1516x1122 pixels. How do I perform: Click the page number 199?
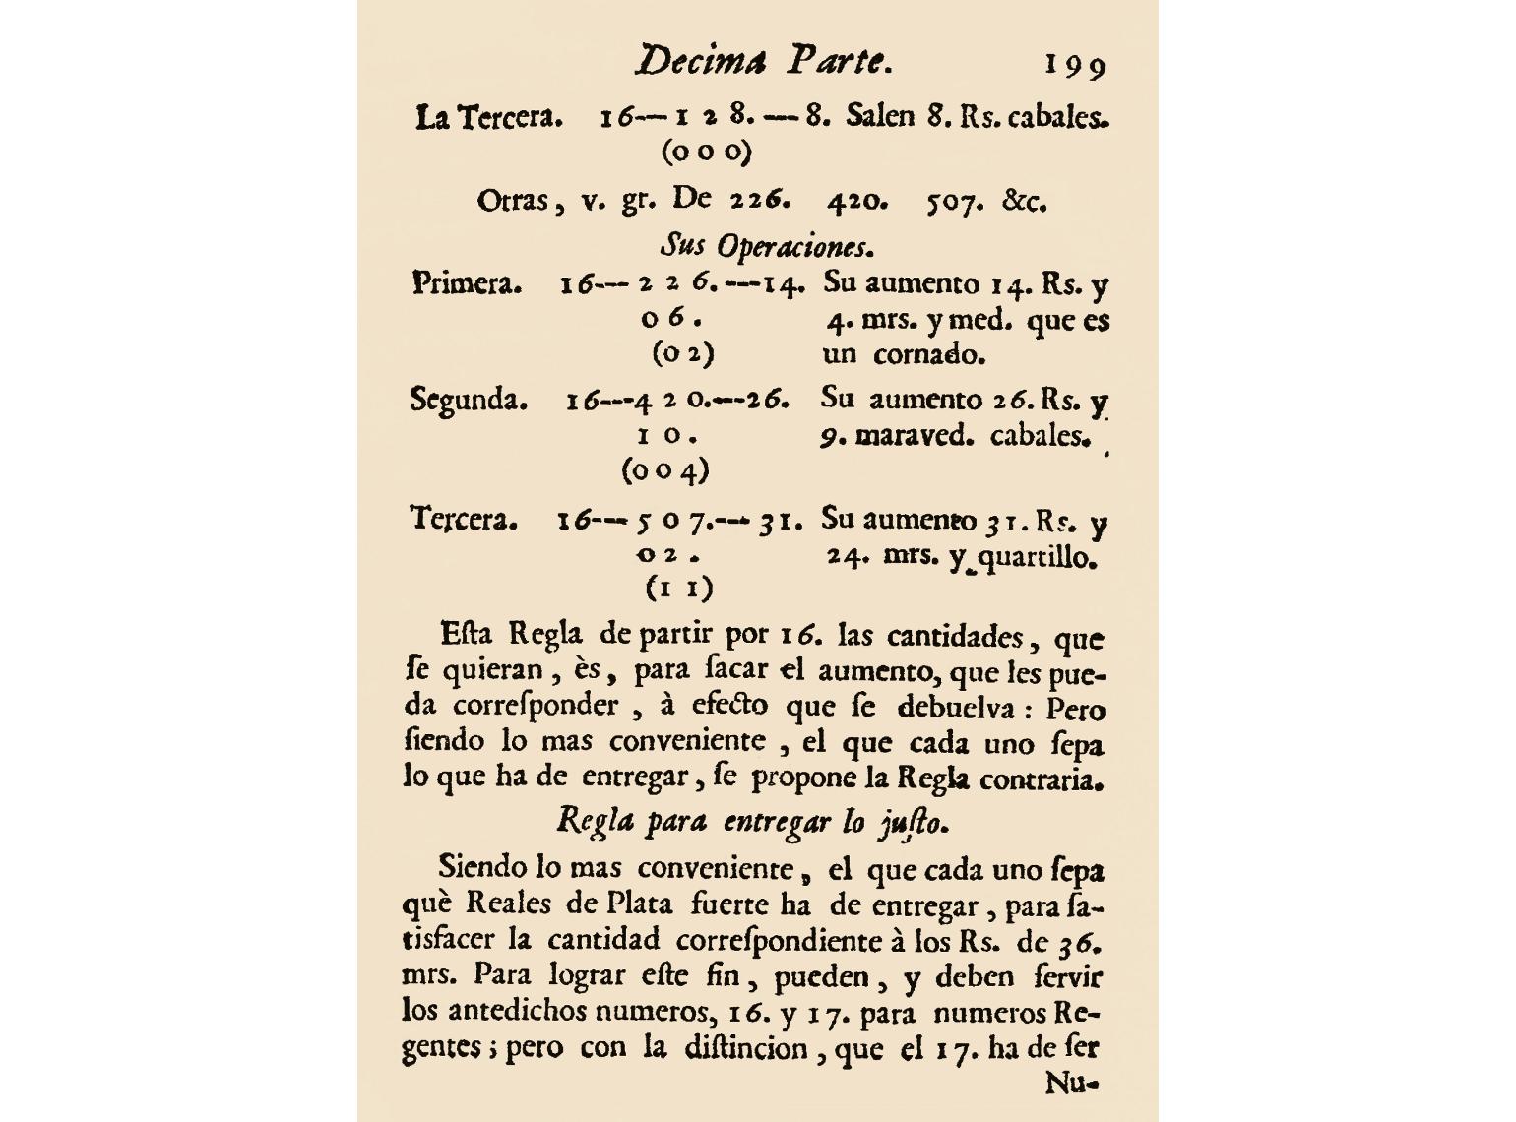coord(1075,65)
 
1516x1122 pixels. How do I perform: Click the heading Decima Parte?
coord(763,61)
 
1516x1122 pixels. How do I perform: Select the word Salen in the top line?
coord(879,117)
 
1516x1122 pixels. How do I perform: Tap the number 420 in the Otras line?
coord(856,202)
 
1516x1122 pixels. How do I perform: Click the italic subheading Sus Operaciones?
coord(767,244)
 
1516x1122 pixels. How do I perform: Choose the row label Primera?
coord(467,284)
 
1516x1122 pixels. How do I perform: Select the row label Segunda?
coord(469,401)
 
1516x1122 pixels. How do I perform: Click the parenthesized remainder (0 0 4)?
coord(665,470)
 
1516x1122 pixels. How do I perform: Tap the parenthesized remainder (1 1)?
coord(678,589)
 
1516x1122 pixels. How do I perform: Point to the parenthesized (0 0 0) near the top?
coord(707,153)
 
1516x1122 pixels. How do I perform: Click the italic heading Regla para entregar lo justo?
coord(753,821)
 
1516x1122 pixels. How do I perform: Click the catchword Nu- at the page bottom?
coord(1071,1084)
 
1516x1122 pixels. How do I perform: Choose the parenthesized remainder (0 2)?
coord(682,353)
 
